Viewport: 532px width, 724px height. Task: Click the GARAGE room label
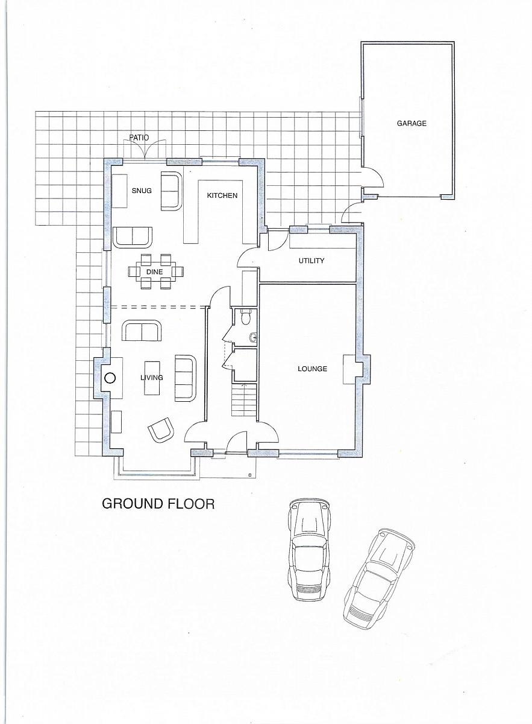point(412,123)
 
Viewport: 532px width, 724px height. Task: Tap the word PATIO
point(139,138)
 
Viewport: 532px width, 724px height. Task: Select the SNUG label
point(142,191)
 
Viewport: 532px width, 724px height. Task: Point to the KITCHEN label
point(222,195)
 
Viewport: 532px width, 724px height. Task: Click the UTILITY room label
point(311,261)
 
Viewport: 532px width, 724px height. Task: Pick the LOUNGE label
point(312,369)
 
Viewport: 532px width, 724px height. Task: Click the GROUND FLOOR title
point(158,504)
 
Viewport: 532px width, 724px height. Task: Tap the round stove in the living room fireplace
point(110,378)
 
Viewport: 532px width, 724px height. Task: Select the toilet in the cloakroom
point(246,317)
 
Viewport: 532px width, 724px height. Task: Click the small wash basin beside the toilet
point(253,337)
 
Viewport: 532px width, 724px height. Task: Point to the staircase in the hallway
point(244,399)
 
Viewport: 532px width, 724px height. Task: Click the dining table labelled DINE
point(155,271)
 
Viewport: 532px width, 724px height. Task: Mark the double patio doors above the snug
point(145,150)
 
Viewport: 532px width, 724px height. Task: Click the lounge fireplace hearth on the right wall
point(349,369)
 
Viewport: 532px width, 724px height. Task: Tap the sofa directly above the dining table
point(133,237)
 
